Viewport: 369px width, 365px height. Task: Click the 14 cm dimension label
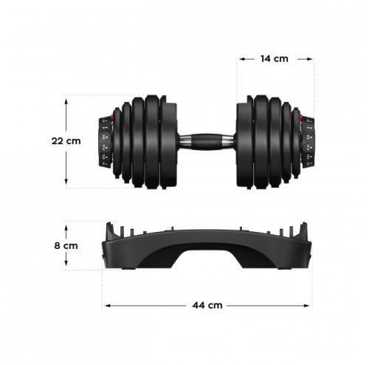pos(275,59)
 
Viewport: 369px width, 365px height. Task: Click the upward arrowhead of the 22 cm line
pos(66,98)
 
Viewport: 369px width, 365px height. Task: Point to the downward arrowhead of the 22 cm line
pos(66,184)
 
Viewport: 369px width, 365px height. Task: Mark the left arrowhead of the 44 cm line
pos(106,304)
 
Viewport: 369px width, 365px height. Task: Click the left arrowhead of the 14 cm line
pos(239,59)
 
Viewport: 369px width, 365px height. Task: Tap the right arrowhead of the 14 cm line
pos(312,59)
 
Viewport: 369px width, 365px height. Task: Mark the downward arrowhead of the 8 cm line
pos(66,266)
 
